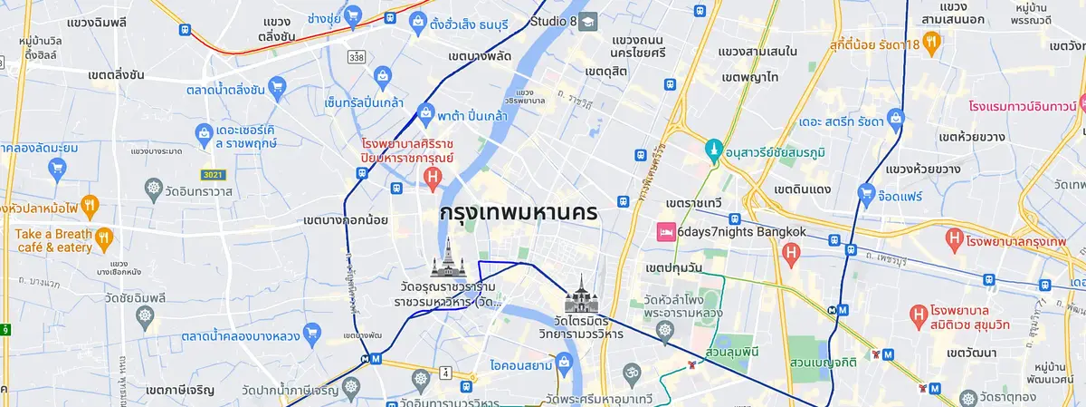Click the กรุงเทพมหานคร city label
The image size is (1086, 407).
coord(517,213)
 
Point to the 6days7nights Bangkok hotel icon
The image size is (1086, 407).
coord(665,231)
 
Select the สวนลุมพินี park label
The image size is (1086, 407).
coord(730,350)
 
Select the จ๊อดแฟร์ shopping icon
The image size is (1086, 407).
coord(868,192)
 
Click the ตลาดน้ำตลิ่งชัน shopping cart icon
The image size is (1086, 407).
coord(278,89)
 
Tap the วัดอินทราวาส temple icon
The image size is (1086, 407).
coord(153,191)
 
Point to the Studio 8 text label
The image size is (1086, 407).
coord(553,21)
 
